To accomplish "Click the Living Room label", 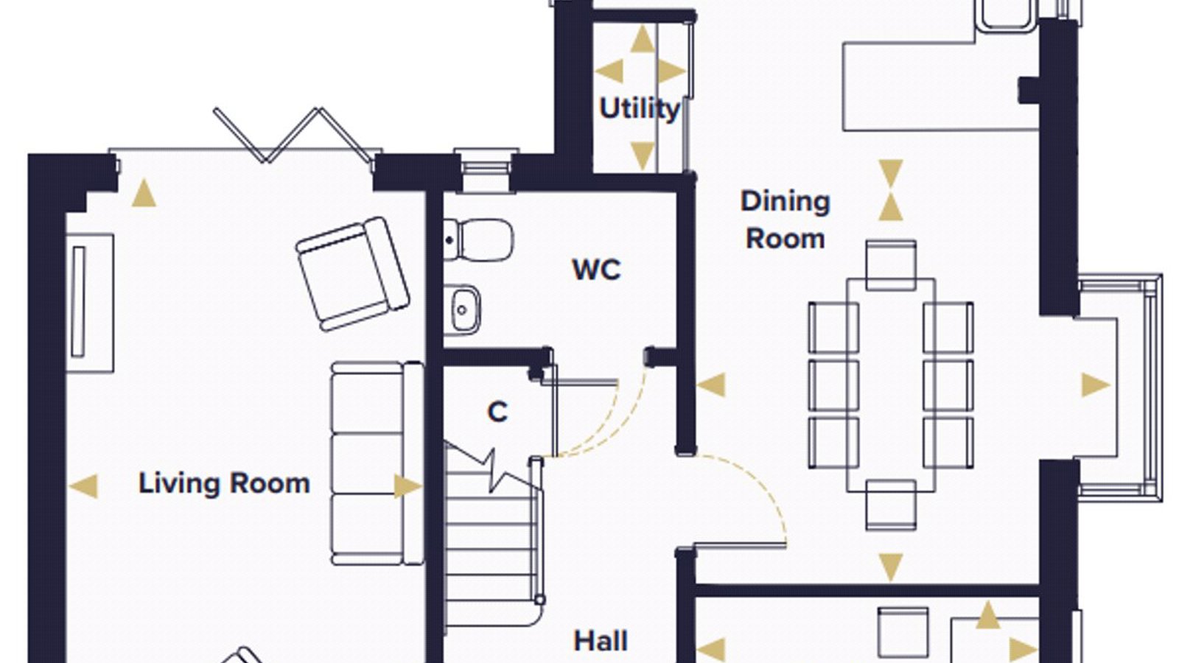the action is (x=224, y=484).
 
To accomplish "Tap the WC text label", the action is (x=596, y=270).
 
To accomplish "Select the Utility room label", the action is (x=640, y=110).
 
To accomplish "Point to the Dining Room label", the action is (x=786, y=220).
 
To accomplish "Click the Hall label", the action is (x=601, y=642).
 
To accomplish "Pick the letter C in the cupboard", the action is (x=497, y=412).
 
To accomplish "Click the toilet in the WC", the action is (x=478, y=240).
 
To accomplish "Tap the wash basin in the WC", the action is (x=461, y=310).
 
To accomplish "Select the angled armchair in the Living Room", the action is (x=353, y=274).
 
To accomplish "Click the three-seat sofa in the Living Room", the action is (x=377, y=463).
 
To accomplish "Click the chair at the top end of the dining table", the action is (x=891, y=265).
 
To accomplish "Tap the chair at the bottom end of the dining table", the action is (x=891, y=505).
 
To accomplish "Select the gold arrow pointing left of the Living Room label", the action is (x=83, y=485).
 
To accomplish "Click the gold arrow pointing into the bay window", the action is (x=1096, y=385).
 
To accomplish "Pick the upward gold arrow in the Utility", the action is (x=642, y=39).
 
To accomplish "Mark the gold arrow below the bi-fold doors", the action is (x=144, y=192).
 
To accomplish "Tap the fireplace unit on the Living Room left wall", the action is (x=89, y=303).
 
